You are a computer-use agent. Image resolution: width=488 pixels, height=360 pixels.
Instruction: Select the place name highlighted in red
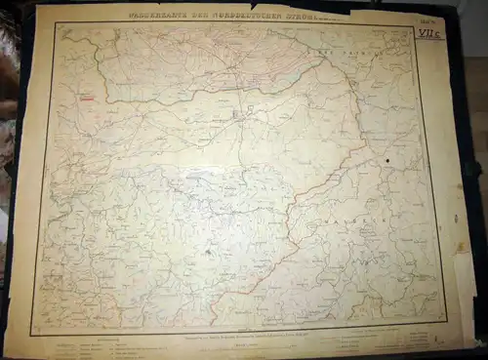[88, 98]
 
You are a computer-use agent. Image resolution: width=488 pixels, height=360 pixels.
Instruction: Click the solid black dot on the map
[387, 160]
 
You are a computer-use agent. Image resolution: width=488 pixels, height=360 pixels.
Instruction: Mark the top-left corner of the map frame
[56, 24]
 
